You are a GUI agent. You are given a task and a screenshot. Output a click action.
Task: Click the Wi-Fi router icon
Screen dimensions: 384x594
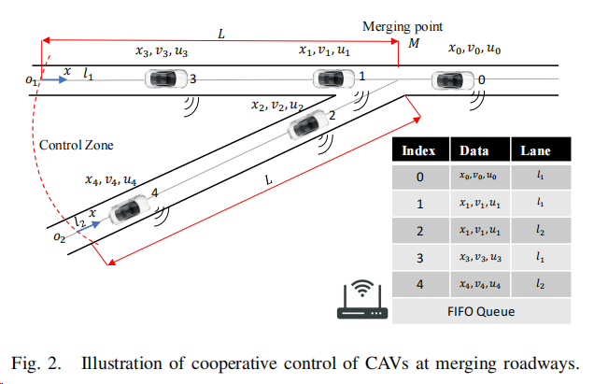[362, 300]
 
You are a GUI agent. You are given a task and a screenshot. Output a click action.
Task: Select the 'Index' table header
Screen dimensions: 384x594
[418, 150]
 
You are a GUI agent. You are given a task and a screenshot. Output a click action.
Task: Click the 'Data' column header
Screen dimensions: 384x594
[474, 150]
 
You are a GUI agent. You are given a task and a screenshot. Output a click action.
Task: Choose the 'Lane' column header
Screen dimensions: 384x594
[536, 150]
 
